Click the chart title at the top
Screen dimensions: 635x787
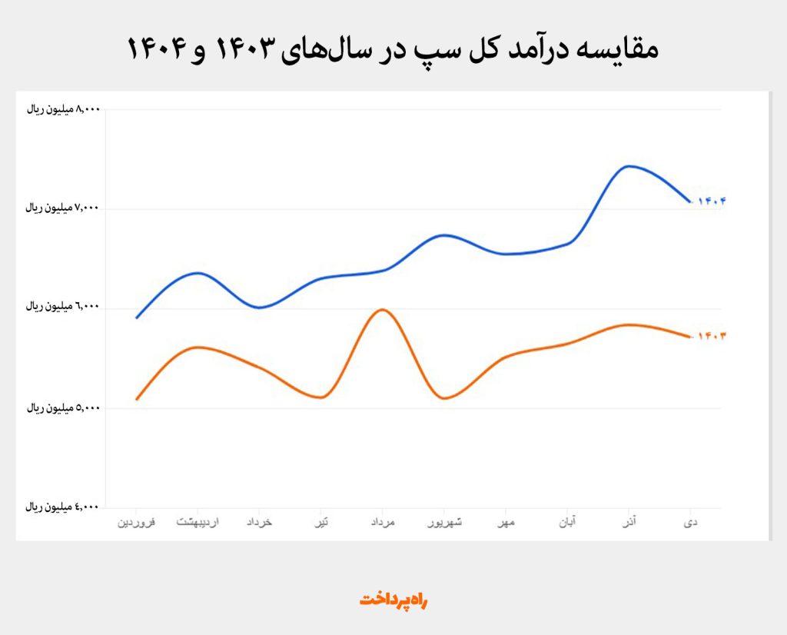pos(393,50)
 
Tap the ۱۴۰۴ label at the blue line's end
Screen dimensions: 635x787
pos(712,201)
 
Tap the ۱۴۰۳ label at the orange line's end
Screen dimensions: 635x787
pos(712,336)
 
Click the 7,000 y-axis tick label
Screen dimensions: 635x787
pos(64,208)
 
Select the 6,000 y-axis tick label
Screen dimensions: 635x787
pos(64,306)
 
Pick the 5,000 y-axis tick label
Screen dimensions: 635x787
pos(64,407)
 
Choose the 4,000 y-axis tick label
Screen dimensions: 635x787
pos(64,507)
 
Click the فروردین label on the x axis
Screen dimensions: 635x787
pos(136,523)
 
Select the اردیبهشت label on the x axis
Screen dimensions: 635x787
pos(198,523)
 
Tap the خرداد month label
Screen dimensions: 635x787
pos(259,523)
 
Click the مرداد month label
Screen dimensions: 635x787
pos(382,523)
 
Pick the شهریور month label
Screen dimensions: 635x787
pos(445,523)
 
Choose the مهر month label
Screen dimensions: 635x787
pos(506,523)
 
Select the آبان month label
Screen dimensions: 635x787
pos(568,523)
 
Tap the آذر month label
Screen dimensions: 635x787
pos(629,523)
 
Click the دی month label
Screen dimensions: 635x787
pos(691,523)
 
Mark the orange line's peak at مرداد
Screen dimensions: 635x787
pos(383,309)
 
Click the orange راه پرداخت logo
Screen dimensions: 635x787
pos(393,600)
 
